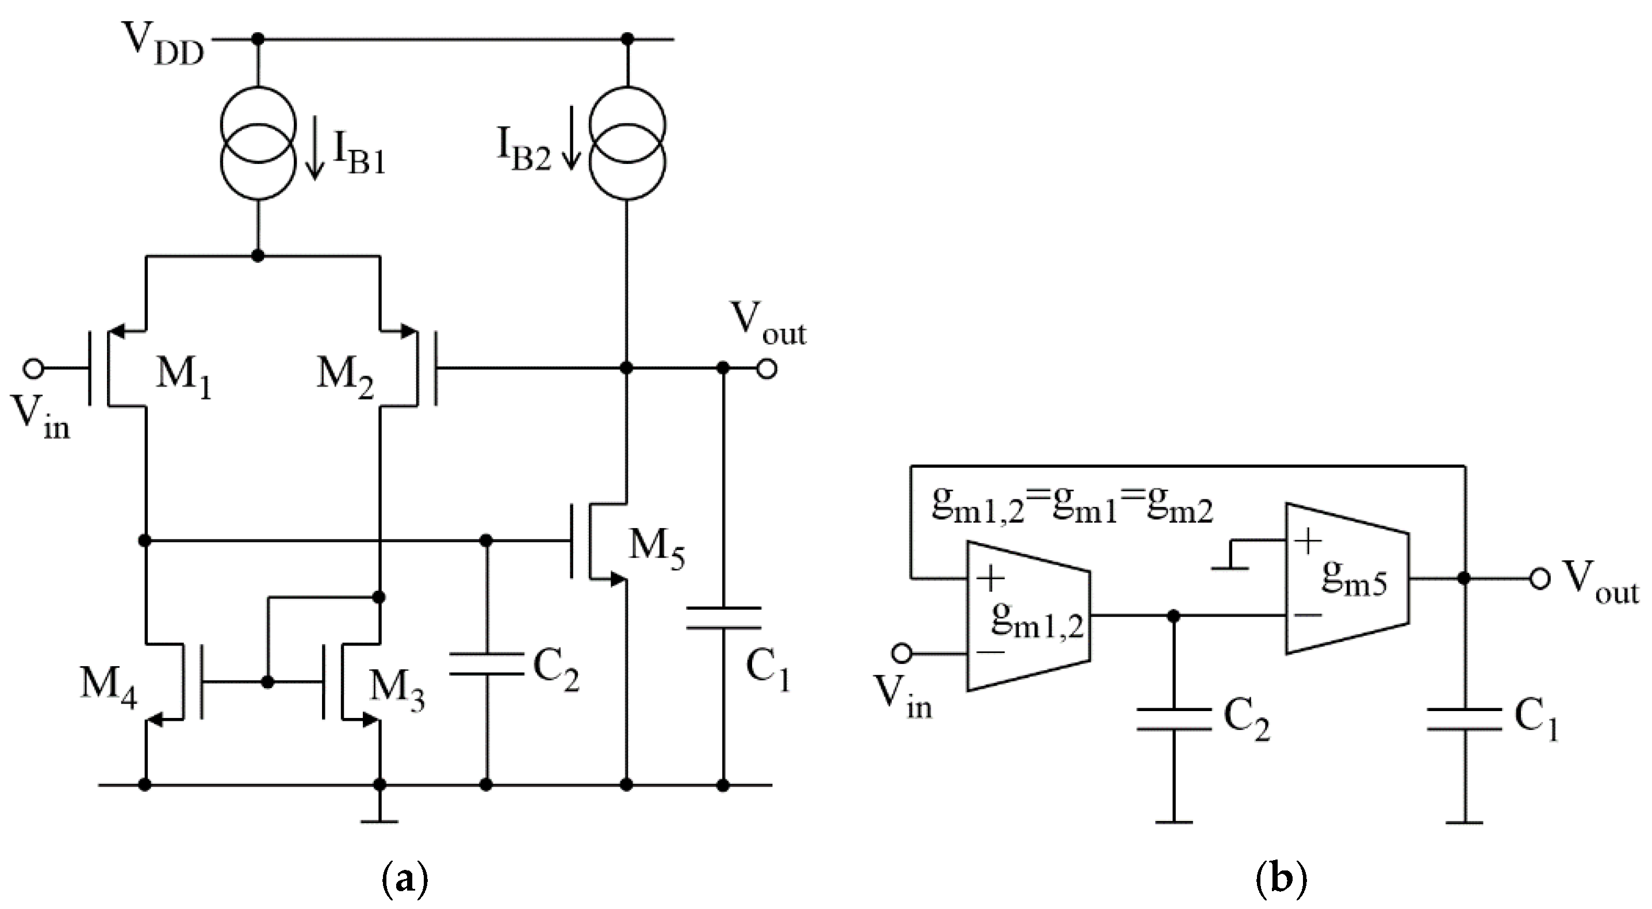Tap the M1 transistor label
pyautogui.click(x=183, y=380)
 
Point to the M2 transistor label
pyautogui.click(x=345, y=380)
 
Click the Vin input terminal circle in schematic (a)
pyautogui.click(x=33, y=369)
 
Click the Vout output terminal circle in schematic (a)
pyautogui.click(x=767, y=369)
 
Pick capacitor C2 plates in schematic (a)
pyautogui.click(x=485, y=664)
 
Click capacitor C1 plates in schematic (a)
pyautogui.click(x=723, y=618)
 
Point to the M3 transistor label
pyautogui.click(x=397, y=692)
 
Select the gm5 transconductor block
pyautogui.click(x=1347, y=579)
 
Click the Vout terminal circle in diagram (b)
pyautogui.click(x=1540, y=579)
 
